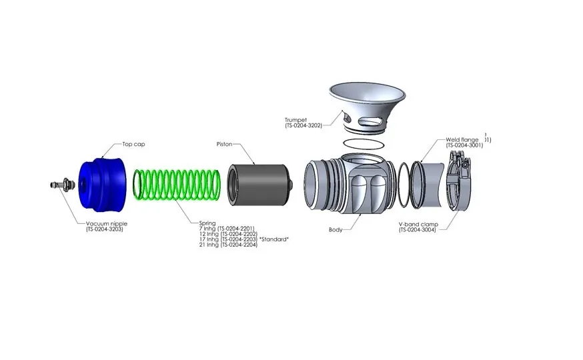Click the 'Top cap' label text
tap(133, 144)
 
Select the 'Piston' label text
tap(224, 144)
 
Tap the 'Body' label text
tap(336, 229)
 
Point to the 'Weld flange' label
tap(462, 140)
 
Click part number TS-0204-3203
tap(105, 229)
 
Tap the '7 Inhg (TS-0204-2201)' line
tap(227, 229)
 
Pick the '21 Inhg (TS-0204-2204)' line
tap(227, 245)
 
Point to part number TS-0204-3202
tap(304, 125)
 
